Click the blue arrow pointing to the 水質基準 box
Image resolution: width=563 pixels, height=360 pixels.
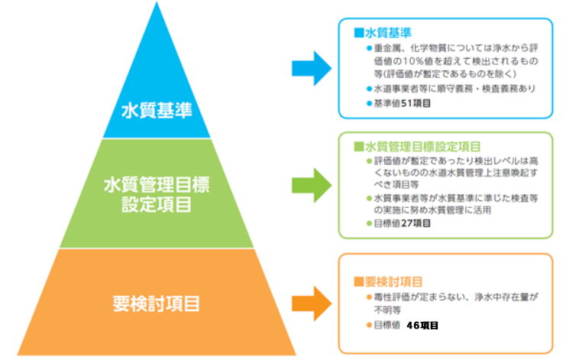tap(311, 69)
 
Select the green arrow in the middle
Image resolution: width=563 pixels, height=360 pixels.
tap(311, 184)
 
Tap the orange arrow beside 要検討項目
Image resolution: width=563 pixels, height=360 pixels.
tap(311, 302)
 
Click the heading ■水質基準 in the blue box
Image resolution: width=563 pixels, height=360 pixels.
tap(383, 34)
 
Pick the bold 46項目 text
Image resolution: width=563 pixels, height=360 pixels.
tap(422, 325)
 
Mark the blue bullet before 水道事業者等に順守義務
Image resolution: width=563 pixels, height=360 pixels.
tap(369, 89)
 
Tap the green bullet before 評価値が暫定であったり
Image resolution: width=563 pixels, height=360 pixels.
tap(369, 161)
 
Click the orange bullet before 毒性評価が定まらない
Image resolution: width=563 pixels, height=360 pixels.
tap(369, 297)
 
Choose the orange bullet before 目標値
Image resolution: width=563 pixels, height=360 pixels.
tap(369, 325)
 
